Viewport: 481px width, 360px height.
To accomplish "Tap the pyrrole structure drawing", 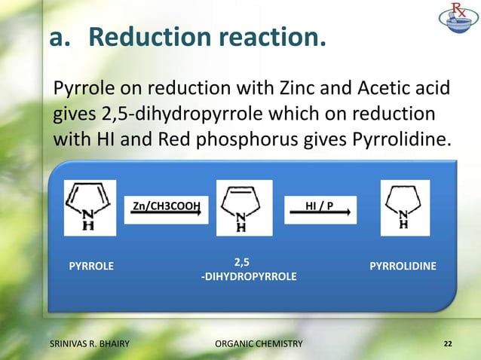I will (90, 206).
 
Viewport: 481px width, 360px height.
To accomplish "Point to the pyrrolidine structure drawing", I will (404, 206).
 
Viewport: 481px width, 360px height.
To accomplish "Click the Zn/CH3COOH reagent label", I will (166, 205).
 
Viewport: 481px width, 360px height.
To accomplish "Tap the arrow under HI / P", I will (320, 215).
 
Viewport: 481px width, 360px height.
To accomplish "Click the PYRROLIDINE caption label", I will (406, 266).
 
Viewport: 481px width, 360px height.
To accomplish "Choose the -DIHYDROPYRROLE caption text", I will (248, 277).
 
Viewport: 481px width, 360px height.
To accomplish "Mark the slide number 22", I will (448, 344).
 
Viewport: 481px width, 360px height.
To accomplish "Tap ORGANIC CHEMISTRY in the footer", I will (259, 344).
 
